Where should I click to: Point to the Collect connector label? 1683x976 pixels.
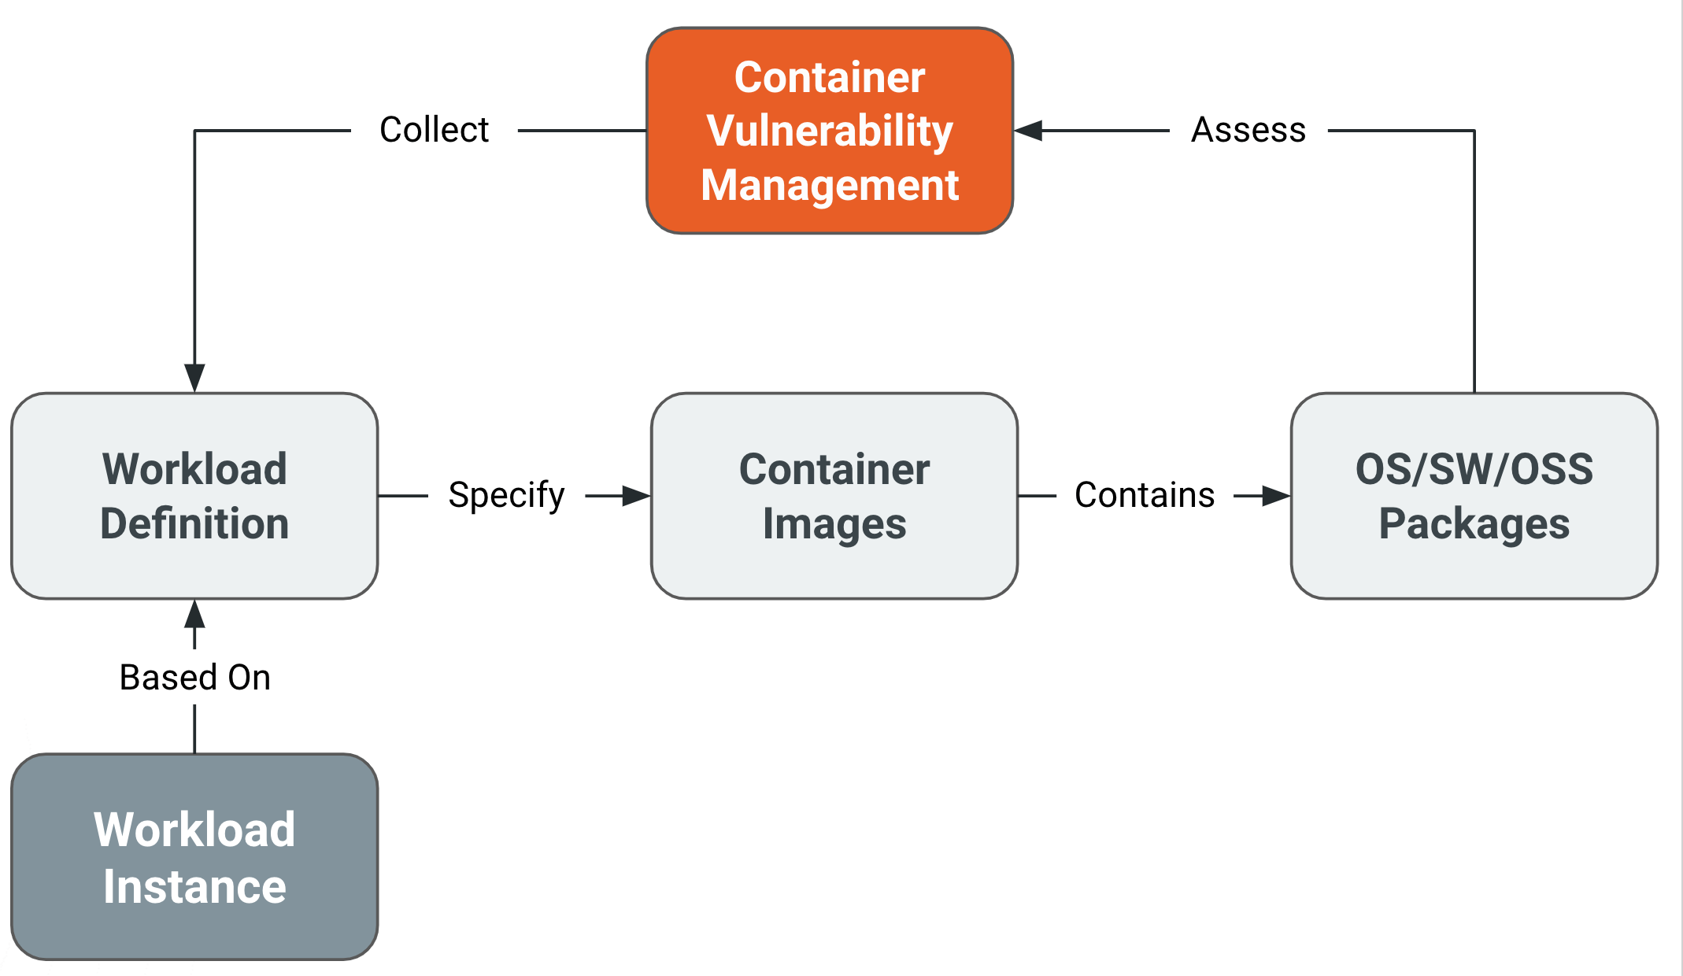pos(434,130)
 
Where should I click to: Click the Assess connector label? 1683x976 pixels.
pos(1248,130)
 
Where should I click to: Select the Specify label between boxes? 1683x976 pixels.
pos(506,496)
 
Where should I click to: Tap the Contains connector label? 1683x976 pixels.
pos(1145,496)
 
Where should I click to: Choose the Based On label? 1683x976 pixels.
pos(194,678)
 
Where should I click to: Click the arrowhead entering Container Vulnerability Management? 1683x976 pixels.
pos(1028,131)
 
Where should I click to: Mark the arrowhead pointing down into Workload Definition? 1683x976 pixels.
pos(194,378)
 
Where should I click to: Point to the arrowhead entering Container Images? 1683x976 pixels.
pos(636,496)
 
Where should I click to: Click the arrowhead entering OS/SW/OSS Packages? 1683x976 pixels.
pos(1276,496)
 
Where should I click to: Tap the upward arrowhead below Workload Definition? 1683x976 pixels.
pos(194,614)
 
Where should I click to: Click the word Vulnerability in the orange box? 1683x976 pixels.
pos(830,131)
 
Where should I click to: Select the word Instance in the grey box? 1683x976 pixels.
pos(194,887)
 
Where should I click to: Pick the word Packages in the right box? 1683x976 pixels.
pos(1474,524)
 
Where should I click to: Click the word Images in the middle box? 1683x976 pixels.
pos(834,524)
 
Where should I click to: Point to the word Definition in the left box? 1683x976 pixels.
pos(194,524)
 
